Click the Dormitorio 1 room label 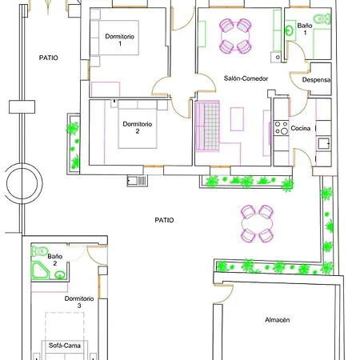[x=120, y=40]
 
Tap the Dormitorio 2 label [x=138, y=127]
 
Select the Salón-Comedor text [x=246, y=78]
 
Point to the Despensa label [x=316, y=80]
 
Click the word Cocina [x=301, y=128]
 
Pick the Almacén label [x=278, y=320]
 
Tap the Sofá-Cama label [x=65, y=346]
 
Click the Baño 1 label [x=305, y=29]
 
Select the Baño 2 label [x=55, y=260]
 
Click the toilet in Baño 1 [x=322, y=19]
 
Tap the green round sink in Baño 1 [x=289, y=30]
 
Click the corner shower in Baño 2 [x=40, y=270]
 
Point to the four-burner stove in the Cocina [x=282, y=128]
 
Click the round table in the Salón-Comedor [x=235, y=36]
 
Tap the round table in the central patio [x=257, y=223]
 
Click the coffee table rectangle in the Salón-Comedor [x=237, y=119]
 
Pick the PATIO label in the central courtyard [x=164, y=220]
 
